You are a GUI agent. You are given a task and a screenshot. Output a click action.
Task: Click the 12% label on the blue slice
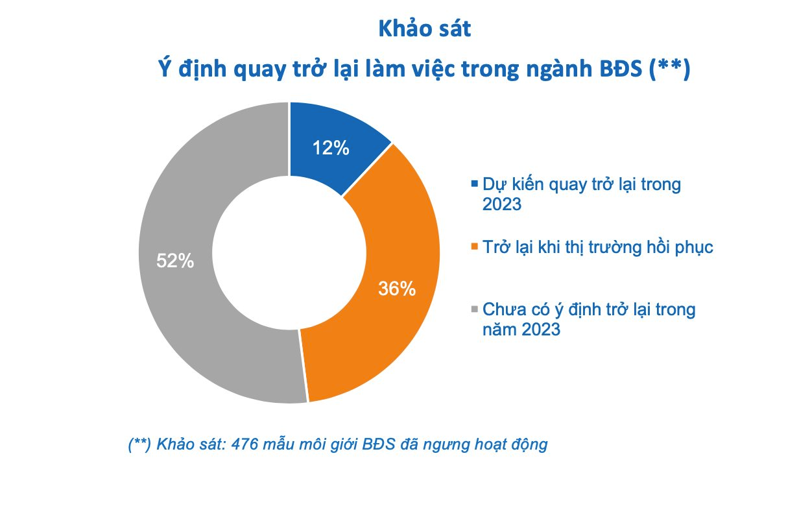tap(331, 148)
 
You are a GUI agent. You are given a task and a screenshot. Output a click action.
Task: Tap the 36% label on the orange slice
tap(396, 289)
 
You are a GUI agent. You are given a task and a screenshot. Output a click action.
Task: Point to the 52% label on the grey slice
tap(175, 261)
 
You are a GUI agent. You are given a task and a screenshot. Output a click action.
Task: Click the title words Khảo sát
tap(424, 29)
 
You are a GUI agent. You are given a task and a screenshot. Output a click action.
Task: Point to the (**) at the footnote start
tap(140, 444)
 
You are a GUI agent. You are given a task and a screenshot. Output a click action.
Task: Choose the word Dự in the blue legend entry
tap(494, 184)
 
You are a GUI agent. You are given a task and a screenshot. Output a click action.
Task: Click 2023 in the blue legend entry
tap(502, 205)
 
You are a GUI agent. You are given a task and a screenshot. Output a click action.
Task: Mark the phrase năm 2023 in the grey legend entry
tap(521, 330)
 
